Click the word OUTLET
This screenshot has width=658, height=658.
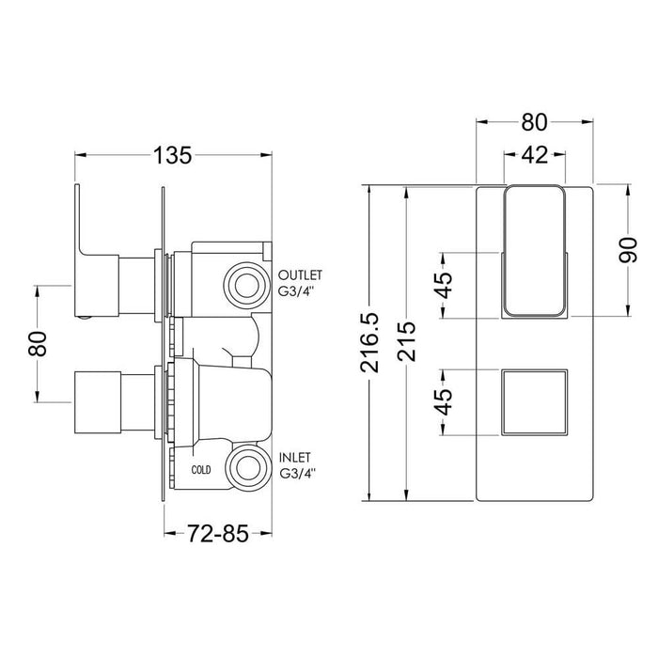(300, 274)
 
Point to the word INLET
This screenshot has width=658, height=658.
(297, 457)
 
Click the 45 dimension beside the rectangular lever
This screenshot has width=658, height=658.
(446, 283)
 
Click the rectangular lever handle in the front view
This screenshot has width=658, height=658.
(533, 252)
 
